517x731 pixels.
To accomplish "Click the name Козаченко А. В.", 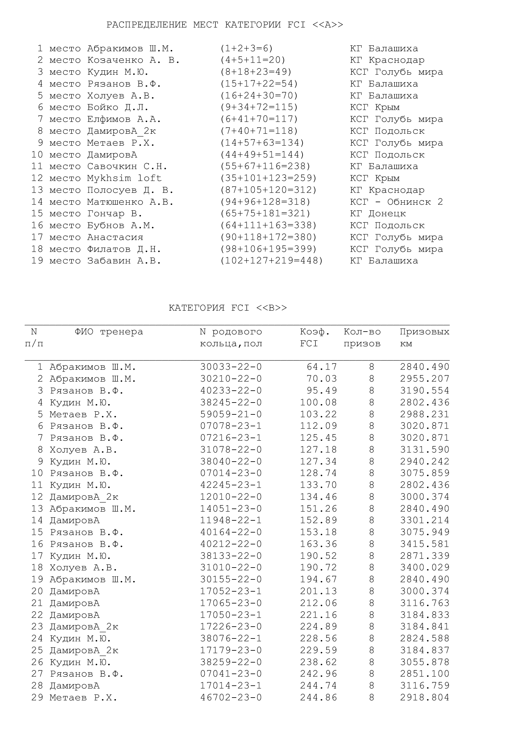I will (133, 60).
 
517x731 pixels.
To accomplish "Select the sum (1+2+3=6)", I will (246, 48).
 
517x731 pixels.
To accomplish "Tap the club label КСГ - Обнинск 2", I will (396, 202).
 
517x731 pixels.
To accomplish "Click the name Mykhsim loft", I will (124, 178).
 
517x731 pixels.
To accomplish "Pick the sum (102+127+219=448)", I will (272, 261).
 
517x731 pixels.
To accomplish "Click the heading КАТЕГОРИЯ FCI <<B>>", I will (228, 308).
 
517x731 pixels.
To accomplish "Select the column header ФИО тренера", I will (109, 332).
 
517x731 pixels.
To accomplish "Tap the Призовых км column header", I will (424, 338).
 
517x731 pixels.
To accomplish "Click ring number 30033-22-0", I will (231, 367).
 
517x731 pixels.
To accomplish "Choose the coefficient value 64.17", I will (322, 367).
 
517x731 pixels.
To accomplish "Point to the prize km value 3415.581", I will (425, 544).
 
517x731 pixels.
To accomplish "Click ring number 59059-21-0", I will (231, 414).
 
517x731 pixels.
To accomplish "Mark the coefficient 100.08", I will (318, 403).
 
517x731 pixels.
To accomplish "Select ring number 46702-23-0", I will (231, 698).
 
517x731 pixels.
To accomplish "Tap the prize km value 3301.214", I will (425, 521).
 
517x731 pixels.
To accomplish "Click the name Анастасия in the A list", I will (115, 237).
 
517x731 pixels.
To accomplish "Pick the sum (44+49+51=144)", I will (262, 155).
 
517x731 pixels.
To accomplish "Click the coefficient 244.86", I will (318, 698).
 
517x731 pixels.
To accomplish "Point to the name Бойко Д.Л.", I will (118, 107).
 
